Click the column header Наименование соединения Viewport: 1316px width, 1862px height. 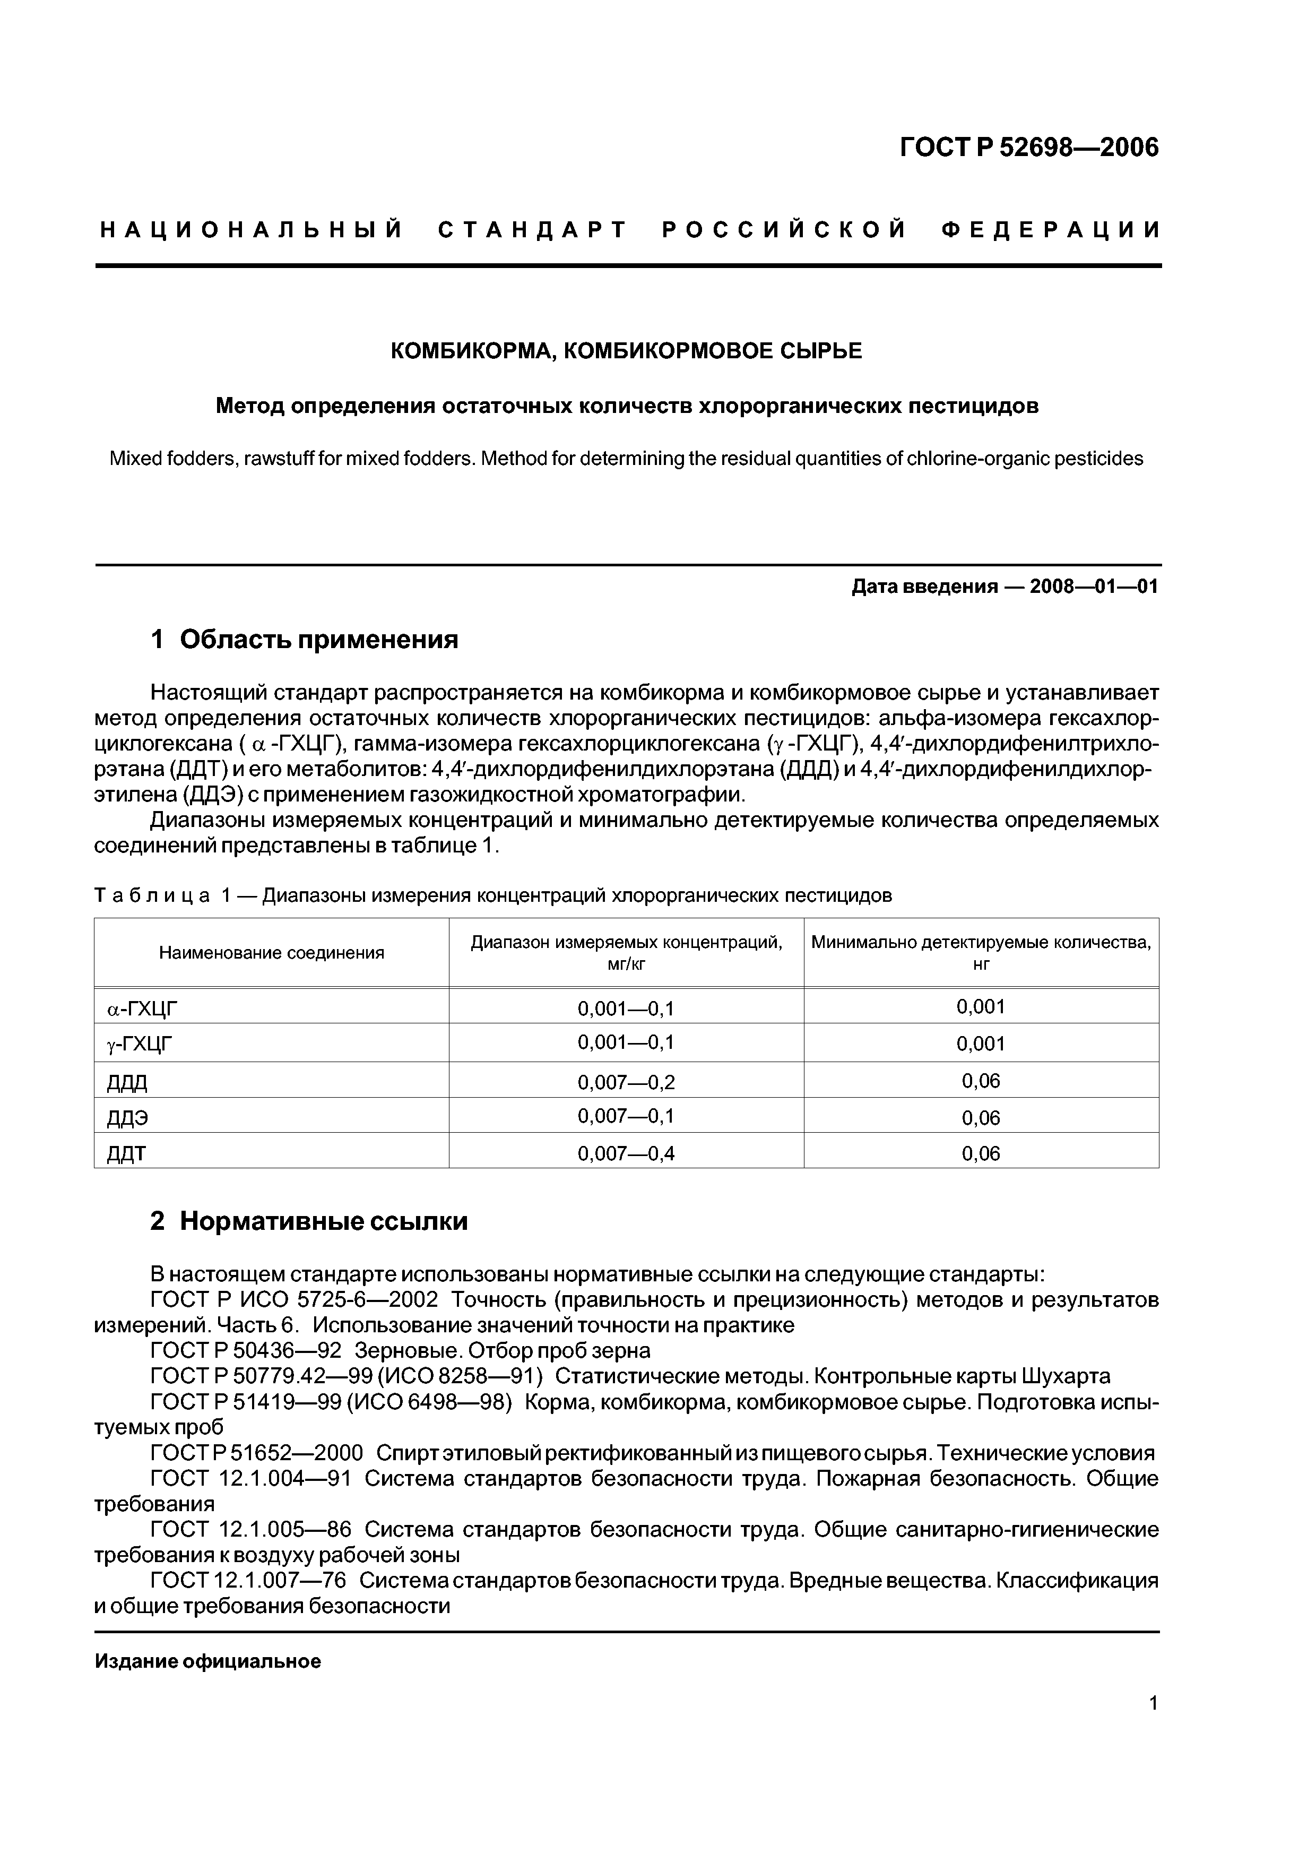point(272,953)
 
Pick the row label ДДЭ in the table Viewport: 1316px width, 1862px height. point(128,1118)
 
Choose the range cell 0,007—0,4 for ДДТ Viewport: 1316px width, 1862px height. point(626,1153)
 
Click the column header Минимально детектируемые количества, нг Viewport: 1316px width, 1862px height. point(981,953)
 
